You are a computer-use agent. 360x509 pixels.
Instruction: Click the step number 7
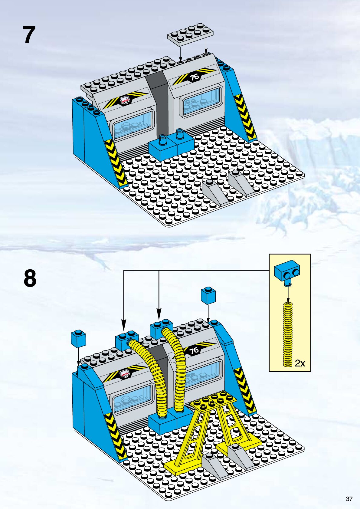click(x=29, y=35)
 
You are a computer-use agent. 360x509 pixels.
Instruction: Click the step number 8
click(x=30, y=279)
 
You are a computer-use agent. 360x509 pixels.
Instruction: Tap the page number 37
click(x=349, y=499)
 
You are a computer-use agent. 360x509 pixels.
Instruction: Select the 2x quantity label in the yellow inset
click(x=300, y=363)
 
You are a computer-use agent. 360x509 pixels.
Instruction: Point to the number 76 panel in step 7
click(x=195, y=77)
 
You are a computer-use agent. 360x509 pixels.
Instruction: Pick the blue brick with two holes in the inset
click(x=287, y=270)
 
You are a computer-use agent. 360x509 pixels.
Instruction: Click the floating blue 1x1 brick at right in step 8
click(x=208, y=295)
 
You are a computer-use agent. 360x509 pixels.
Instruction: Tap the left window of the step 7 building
click(x=133, y=125)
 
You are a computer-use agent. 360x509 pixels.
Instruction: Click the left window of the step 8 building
click(x=133, y=399)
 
